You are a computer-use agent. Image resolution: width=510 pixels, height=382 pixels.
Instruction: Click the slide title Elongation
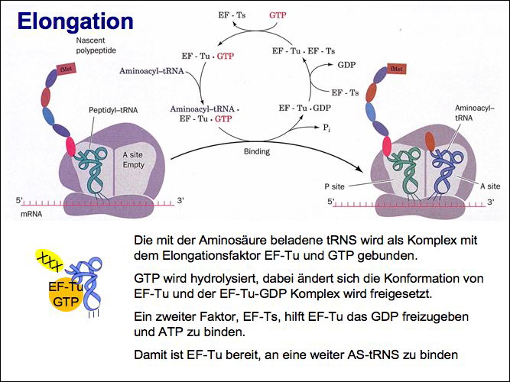point(75,21)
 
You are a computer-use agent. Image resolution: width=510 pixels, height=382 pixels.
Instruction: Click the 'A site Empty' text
point(134,159)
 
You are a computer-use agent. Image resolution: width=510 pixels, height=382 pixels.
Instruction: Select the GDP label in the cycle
point(346,66)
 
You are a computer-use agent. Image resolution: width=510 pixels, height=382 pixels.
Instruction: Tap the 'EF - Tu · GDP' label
point(304,108)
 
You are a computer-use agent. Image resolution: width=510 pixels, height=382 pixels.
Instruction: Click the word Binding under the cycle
point(256,151)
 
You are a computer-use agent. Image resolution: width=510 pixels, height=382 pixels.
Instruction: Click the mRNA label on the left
point(31,216)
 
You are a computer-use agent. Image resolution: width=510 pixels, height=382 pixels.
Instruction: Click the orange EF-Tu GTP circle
point(64,295)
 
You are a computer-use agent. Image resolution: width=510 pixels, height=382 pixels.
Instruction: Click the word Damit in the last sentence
point(150,354)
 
